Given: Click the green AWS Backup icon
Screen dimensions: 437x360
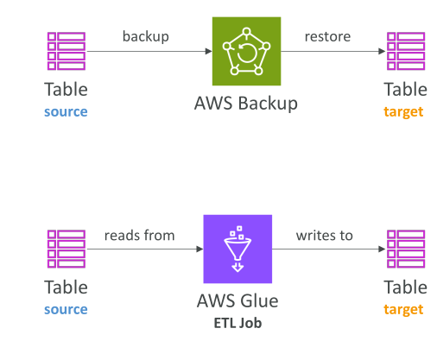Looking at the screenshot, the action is [246, 51].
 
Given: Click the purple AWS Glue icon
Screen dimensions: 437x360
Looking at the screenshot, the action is [237, 249].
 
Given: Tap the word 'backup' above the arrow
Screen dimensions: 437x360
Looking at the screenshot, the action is [146, 36].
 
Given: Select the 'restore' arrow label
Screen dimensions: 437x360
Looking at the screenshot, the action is [327, 37].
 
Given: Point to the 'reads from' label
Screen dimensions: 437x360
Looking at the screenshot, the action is [140, 235].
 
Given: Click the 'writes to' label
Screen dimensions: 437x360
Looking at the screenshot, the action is [325, 236].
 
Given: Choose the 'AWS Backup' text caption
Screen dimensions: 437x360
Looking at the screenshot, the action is [246, 104].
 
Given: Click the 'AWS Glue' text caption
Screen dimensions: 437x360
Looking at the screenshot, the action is [237, 301].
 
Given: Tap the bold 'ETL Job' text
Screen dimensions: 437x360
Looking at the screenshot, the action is [237, 323].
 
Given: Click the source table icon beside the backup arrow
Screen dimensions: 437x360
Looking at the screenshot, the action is [66, 51].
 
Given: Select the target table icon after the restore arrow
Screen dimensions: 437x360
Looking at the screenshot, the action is [406, 51].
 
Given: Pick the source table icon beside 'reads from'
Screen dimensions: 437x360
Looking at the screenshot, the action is [66, 249].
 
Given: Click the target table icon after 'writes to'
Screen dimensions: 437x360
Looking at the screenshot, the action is [406, 249].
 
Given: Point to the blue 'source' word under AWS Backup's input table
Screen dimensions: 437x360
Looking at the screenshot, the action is [66, 111].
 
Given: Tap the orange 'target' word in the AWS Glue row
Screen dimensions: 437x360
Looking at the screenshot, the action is [403, 310].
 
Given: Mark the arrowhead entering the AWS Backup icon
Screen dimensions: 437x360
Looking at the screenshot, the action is [209, 52].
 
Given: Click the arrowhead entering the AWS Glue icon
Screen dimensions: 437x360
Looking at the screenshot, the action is [199, 249].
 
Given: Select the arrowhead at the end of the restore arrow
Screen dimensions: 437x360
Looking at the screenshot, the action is [382, 52].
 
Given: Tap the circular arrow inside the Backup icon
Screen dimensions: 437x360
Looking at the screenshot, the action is [247, 53].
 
